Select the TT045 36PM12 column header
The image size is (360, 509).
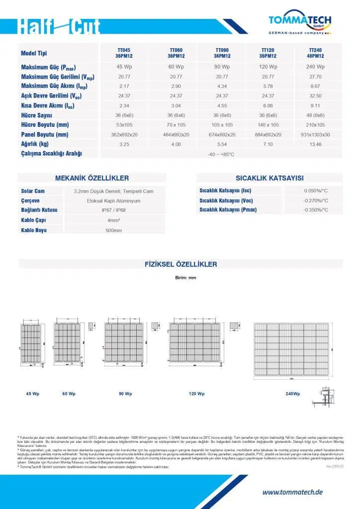pyautogui.click(x=124, y=53)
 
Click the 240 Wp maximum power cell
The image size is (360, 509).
pyautogui.click(x=316, y=67)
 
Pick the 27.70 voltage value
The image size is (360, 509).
pyautogui.click(x=316, y=77)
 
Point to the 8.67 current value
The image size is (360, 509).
pyautogui.click(x=316, y=86)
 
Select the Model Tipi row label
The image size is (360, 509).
pyautogui.click(x=34, y=54)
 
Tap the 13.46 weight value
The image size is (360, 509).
pyautogui.click(x=316, y=144)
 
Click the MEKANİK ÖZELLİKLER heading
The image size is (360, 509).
pyautogui.click(x=92, y=178)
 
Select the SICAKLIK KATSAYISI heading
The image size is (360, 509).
pyautogui.click(x=270, y=178)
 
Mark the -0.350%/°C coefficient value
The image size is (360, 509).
pyautogui.click(x=316, y=210)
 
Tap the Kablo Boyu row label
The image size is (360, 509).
pyautogui.click(x=34, y=231)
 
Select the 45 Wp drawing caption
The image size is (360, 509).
pyautogui.click(x=33, y=394)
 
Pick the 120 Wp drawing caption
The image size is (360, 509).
pyautogui.click(x=197, y=394)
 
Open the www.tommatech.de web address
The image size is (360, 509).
pyautogui.click(x=292, y=492)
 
